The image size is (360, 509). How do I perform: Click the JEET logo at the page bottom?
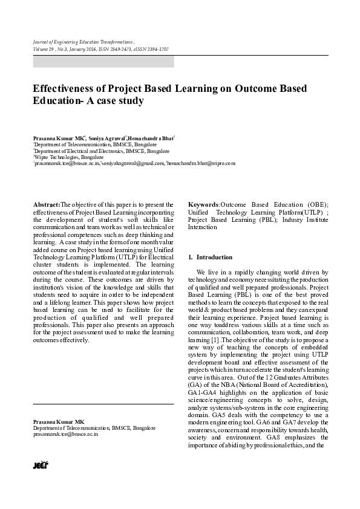click(x=40, y=465)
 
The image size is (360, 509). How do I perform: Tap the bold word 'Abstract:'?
click(x=47, y=205)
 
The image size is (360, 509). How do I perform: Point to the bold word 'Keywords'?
click(x=203, y=205)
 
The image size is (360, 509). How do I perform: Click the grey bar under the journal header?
click(x=103, y=61)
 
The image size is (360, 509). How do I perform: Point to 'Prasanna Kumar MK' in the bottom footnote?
click(x=59, y=421)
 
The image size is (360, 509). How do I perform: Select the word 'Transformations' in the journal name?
click(x=113, y=41)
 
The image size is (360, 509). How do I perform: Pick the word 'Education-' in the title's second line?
click(x=59, y=101)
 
